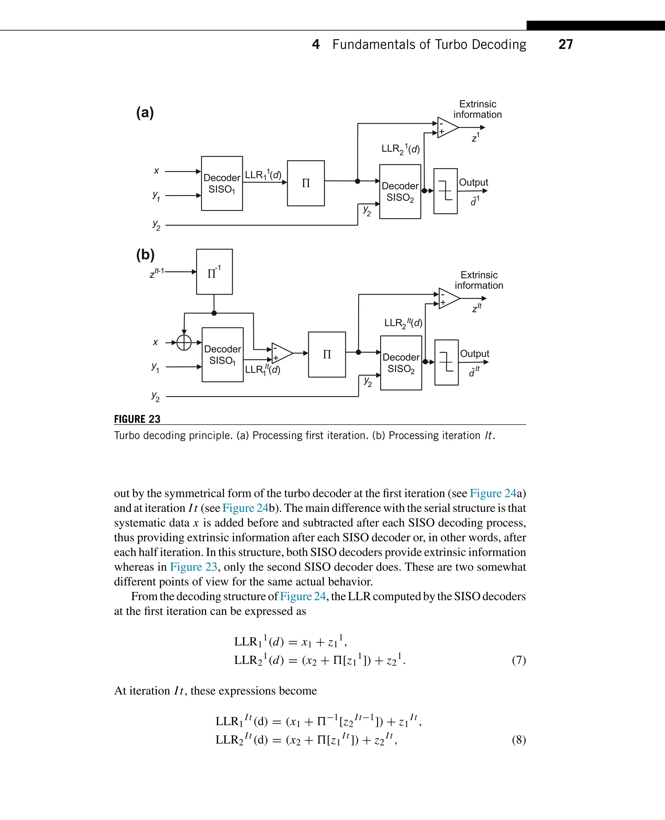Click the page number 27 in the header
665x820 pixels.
pyautogui.click(x=565, y=44)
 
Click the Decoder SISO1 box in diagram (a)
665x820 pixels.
pyautogui.click(x=222, y=183)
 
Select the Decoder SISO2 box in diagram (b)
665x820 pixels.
pyautogui.click(x=401, y=363)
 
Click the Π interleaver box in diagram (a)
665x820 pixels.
pyautogui.click(x=306, y=183)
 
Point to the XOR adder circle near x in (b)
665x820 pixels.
pyautogui.click(x=184, y=342)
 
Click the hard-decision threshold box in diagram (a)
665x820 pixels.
pyautogui.click(x=445, y=191)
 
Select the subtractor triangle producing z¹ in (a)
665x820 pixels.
pyautogui.click(x=447, y=128)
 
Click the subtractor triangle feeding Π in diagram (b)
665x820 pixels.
pyautogui.click(x=281, y=353)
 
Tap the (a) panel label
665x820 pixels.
pyautogui.click(x=145, y=113)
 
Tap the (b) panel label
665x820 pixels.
pyautogui.click(x=145, y=255)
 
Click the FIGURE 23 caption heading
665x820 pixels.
pyautogui.click(x=137, y=419)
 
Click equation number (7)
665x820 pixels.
pyautogui.click(x=519, y=660)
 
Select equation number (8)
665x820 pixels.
pyautogui.click(x=519, y=739)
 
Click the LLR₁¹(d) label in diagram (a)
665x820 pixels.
pyautogui.click(x=263, y=175)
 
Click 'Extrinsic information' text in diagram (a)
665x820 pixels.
pyautogui.click(x=477, y=109)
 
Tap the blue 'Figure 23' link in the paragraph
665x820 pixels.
pyautogui.click(x=194, y=566)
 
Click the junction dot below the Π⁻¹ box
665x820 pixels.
pyautogui.click(x=214, y=313)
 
